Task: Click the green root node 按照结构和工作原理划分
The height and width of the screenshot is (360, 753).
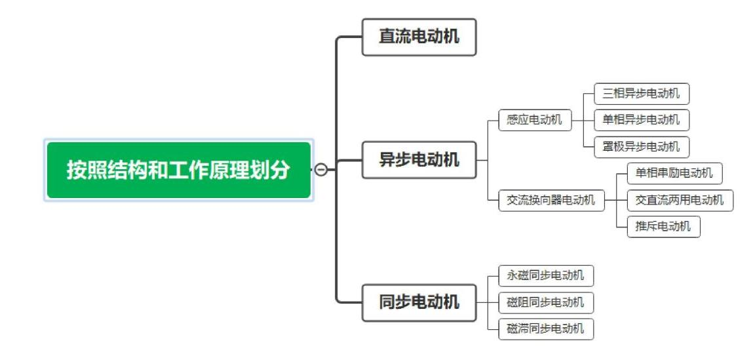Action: [178, 170]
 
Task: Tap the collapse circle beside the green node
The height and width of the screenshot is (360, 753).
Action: [321, 170]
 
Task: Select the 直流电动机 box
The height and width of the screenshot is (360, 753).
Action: [419, 37]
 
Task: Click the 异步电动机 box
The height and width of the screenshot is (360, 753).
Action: [419, 159]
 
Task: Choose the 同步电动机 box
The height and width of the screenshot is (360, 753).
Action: [419, 302]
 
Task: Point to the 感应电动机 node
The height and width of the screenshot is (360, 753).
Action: [535, 121]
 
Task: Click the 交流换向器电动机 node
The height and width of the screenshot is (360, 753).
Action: [551, 200]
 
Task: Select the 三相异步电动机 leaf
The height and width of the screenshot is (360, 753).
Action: [642, 94]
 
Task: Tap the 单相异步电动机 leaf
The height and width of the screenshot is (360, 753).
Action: [642, 120]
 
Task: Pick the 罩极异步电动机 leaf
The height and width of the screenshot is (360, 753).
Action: [642, 146]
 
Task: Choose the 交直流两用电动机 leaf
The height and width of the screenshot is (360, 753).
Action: [680, 200]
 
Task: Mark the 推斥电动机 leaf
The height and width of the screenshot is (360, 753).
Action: [663, 227]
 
